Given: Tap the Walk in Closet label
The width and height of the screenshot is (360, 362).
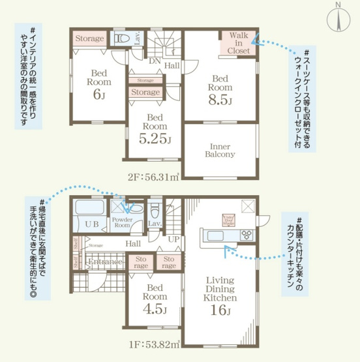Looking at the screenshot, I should [239, 43].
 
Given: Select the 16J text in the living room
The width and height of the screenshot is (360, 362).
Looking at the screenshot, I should [220, 309].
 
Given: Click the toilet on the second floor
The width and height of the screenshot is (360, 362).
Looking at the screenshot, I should [120, 39].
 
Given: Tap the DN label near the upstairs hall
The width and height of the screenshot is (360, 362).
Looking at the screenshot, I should [155, 61].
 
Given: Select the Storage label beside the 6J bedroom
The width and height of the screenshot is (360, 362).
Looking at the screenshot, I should [89, 38].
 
